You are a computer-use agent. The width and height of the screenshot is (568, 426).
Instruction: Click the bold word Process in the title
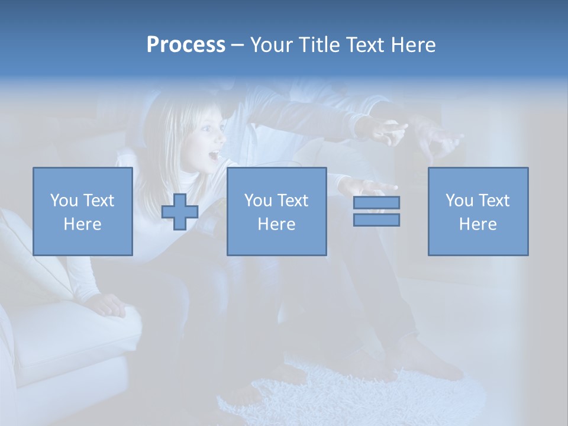186,45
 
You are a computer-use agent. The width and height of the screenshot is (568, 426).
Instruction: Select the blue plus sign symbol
180,212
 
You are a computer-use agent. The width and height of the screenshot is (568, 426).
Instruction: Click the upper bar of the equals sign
376,202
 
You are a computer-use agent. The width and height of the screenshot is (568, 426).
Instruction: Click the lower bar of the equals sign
376,220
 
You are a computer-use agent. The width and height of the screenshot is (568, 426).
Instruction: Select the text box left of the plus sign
83,211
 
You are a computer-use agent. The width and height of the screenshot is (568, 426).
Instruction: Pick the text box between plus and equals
276,211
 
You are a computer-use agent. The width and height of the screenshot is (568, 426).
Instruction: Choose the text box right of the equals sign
477,211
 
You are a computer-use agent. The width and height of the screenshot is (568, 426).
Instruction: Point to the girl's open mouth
213,157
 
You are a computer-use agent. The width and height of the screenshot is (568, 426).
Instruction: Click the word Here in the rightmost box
477,224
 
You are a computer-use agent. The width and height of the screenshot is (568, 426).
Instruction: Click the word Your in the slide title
273,45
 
